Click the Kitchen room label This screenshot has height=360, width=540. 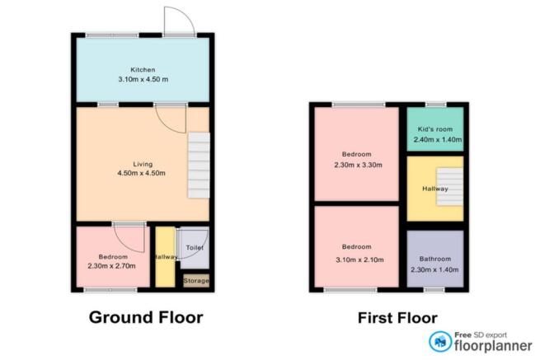[143, 69]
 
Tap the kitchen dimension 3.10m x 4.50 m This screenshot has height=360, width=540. [143, 79]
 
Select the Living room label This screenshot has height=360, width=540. [143, 163]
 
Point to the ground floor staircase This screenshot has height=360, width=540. [199, 166]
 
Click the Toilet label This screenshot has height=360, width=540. [195, 247]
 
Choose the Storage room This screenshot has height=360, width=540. [195, 281]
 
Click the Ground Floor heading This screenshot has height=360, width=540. [145, 317]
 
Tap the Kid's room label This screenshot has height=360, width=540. [434, 130]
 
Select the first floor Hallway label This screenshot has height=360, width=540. [434, 189]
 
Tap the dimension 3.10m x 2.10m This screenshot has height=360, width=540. [357, 256]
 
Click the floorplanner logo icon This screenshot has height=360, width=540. [438, 340]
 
